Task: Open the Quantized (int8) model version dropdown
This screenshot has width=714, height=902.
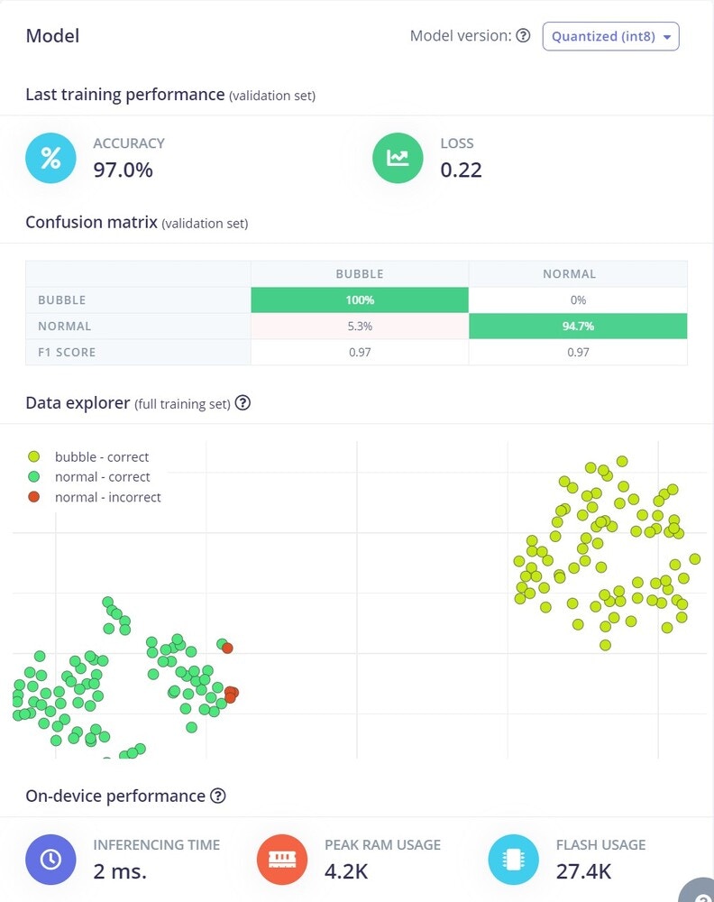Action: coord(610,36)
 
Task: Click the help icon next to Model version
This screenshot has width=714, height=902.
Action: coord(523,36)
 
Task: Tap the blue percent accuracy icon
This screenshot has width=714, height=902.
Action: coord(50,158)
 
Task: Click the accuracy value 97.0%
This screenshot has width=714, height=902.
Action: coord(123,169)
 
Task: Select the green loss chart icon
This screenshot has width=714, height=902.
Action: coord(398,158)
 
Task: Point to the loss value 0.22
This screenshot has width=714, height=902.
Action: coord(461,169)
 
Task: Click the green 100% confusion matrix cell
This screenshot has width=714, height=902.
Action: coord(359,299)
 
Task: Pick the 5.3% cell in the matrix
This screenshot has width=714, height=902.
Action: coord(359,326)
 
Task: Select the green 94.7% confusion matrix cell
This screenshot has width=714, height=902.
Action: coord(578,326)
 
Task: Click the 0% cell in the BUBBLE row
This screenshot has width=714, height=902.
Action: coord(578,299)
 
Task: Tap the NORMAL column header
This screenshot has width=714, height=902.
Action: coord(569,273)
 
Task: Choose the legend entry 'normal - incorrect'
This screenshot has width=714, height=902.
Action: coord(107,497)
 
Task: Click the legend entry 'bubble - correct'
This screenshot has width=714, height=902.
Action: coord(101,456)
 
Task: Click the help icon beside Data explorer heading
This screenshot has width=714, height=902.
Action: coord(243,403)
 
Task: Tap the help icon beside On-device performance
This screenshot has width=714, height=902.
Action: coord(217,796)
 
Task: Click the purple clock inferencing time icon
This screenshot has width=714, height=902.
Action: coord(50,859)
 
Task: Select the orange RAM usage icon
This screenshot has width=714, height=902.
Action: coord(282,859)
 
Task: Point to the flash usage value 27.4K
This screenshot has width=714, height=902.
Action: coord(583,870)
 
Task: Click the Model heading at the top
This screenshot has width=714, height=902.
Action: coord(52,36)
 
